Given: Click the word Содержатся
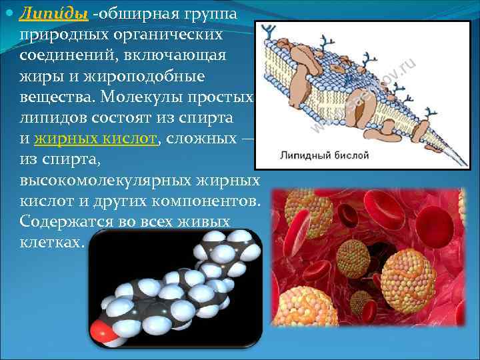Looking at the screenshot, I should (66, 221).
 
